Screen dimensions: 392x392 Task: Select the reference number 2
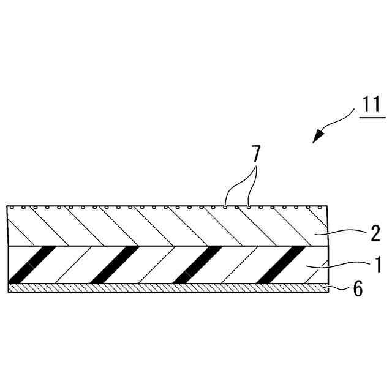pyautogui.click(x=375, y=232)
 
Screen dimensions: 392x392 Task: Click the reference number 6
pyautogui.click(x=358, y=289)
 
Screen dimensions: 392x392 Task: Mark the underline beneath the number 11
pyautogui.click(x=371, y=117)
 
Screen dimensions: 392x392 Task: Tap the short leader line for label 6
pyautogui.click(x=337, y=288)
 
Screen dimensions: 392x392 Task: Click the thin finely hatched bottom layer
pyautogui.click(x=165, y=288)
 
